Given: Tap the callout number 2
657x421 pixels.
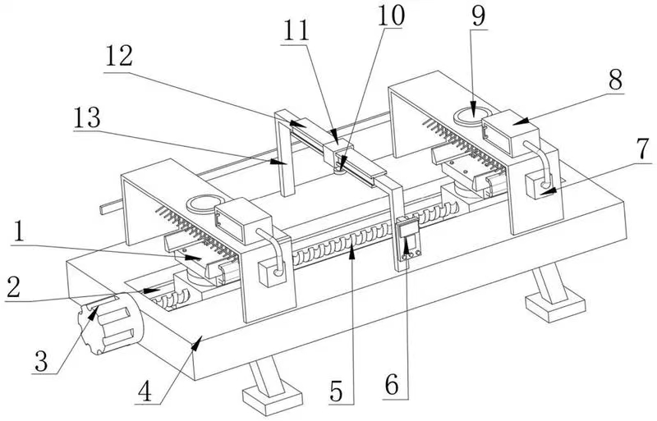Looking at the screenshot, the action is (x=13, y=287).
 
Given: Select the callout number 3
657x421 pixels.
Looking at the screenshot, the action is (x=41, y=361).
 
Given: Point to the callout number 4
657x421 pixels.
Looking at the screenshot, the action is (x=145, y=392).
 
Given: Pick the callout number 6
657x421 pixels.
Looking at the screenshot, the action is (x=392, y=385).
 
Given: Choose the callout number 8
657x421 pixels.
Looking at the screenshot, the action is (x=615, y=80).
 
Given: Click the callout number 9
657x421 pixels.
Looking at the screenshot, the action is (x=479, y=16).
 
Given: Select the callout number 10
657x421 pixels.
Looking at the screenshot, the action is (x=391, y=16).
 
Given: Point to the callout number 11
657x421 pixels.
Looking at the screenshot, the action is (x=296, y=30).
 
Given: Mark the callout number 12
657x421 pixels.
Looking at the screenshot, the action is (x=119, y=56).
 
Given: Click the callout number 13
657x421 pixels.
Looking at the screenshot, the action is (x=87, y=117).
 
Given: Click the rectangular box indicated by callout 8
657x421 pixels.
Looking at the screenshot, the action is (x=511, y=133).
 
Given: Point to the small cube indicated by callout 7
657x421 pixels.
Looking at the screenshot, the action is (x=539, y=185).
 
